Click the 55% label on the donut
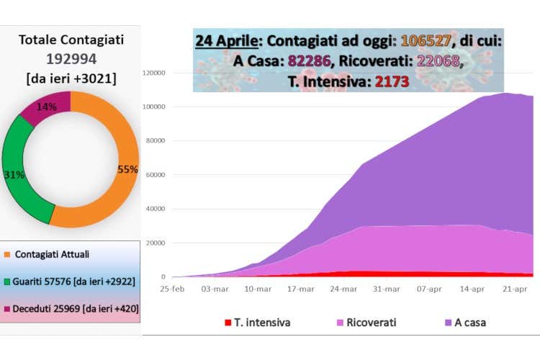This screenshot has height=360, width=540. click(x=127, y=169)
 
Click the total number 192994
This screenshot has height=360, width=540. click(x=71, y=59)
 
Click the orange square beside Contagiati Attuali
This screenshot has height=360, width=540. click(x=7, y=255)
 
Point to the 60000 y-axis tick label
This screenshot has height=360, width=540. click(x=155, y=175)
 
